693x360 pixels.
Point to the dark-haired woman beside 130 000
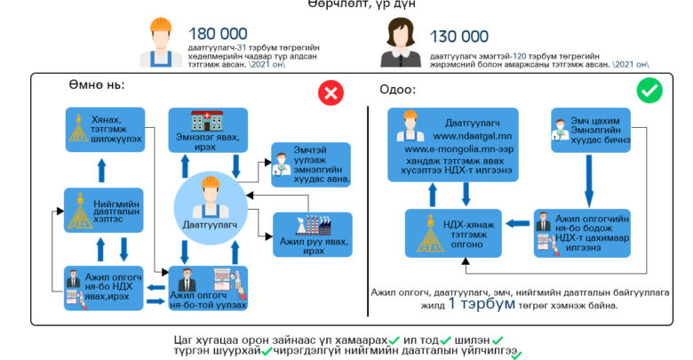pyautogui.click(x=400, y=44)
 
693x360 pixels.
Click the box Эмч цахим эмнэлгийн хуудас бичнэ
pyautogui.click(x=590, y=131)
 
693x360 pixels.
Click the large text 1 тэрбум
pyautogui.click(x=483, y=303)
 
